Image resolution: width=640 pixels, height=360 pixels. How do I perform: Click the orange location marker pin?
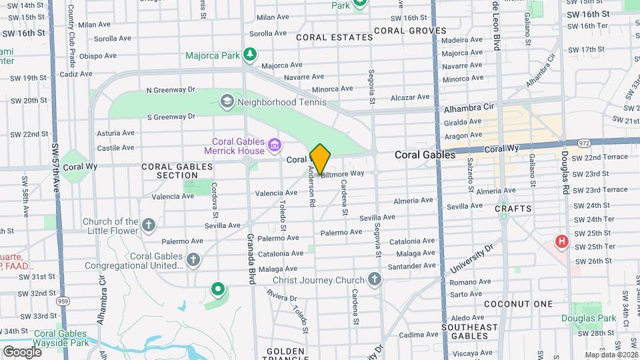320,159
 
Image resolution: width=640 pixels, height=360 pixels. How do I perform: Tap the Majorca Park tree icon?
250,53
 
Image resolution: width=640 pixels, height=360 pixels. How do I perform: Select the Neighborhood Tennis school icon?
227,101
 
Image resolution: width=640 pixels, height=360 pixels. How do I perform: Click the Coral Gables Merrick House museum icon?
273,145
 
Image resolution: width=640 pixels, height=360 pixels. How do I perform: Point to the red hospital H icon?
563,241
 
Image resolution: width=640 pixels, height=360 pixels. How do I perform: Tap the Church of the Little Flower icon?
149,225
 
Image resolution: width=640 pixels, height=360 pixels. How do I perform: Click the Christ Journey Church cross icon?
375,279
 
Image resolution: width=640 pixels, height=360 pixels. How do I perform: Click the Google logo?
22,351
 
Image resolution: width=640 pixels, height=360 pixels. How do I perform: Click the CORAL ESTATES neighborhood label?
334,37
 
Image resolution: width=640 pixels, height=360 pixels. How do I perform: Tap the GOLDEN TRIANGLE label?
286,351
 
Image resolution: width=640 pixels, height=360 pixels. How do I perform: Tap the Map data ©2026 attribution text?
609,355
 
